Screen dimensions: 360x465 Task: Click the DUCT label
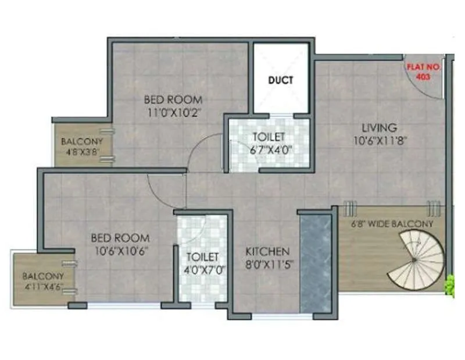pyautogui.click(x=280, y=81)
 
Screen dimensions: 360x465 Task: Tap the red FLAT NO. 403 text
pyautogui.click(x=424, y=72)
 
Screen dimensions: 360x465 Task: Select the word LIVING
pyautogui.click(x=379, y=127)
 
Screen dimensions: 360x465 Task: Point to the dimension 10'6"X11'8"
pyautogui.click(x=379, y=140)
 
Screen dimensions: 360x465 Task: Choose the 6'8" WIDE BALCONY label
pyautogui.click(x=391, y=224)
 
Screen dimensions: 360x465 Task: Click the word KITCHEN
pyautogui.click(x=267, y=252)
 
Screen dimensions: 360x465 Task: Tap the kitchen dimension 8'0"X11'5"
pyautogui.click(x=267, y=264)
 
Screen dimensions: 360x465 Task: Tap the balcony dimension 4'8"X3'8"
pyautogui.click(x=82, y=153)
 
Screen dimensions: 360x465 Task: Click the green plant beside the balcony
pyautogui.click(x=449, y=286)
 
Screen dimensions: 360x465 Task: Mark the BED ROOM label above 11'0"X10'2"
pyautogui.click(x=173, y=99)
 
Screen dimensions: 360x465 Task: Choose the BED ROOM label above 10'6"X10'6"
pyautogui.click(x=120, y=238)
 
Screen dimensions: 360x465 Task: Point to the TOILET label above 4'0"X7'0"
pyautogui.click(x=202, y=256)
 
